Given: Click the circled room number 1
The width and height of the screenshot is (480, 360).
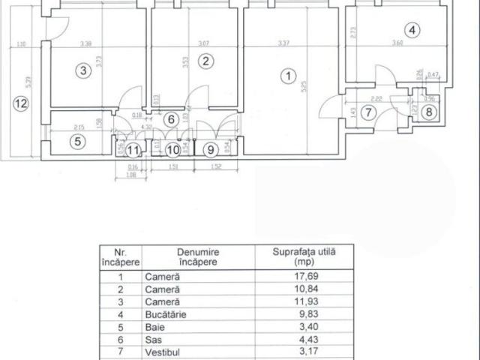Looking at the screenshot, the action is point(285,76).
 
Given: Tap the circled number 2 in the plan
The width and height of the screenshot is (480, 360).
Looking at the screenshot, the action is point(206,62).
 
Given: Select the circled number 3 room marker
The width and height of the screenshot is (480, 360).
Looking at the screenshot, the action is point(84,71).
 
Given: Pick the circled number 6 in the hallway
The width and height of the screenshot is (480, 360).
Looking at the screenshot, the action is point(170,119).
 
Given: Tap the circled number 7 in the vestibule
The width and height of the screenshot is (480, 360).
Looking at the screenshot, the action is point(366,113).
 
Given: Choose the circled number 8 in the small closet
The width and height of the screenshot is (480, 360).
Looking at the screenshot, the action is point(427,113).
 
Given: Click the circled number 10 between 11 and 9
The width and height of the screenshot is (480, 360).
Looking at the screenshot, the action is point(172,149).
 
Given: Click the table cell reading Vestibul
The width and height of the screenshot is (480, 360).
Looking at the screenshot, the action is point(162,353).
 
